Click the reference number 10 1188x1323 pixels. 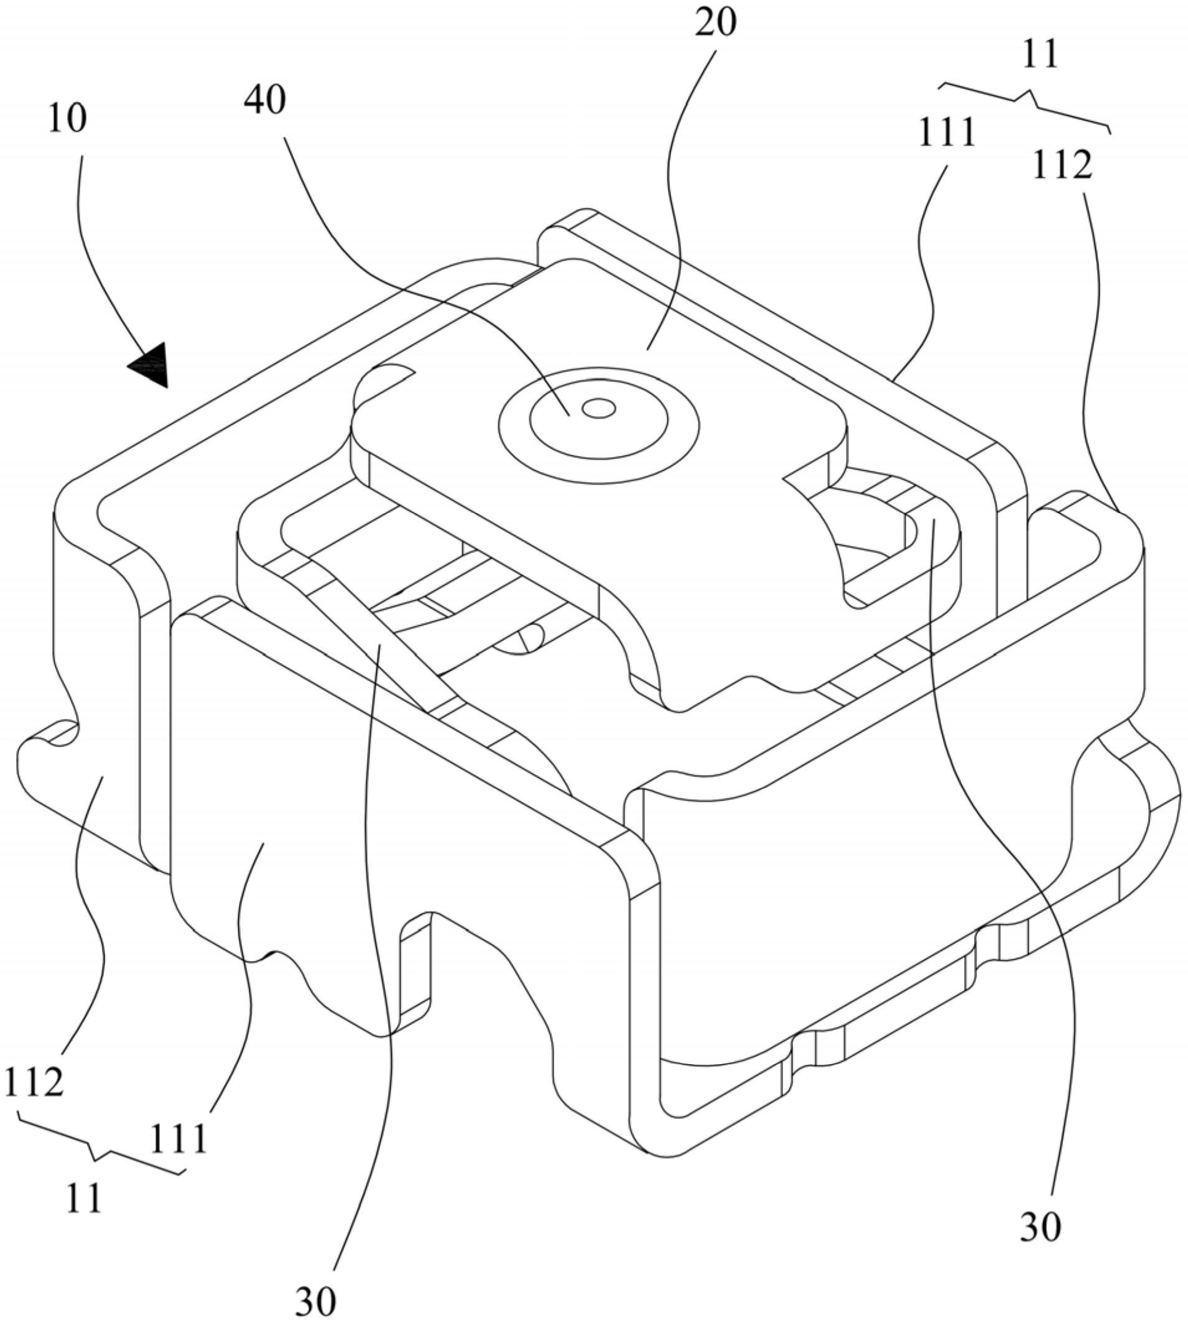point(67,119)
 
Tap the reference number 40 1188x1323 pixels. point(265,101)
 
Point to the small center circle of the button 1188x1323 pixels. point(598,409)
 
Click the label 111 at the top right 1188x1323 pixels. point(946,132)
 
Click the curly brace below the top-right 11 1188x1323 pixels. point(1025,104)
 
